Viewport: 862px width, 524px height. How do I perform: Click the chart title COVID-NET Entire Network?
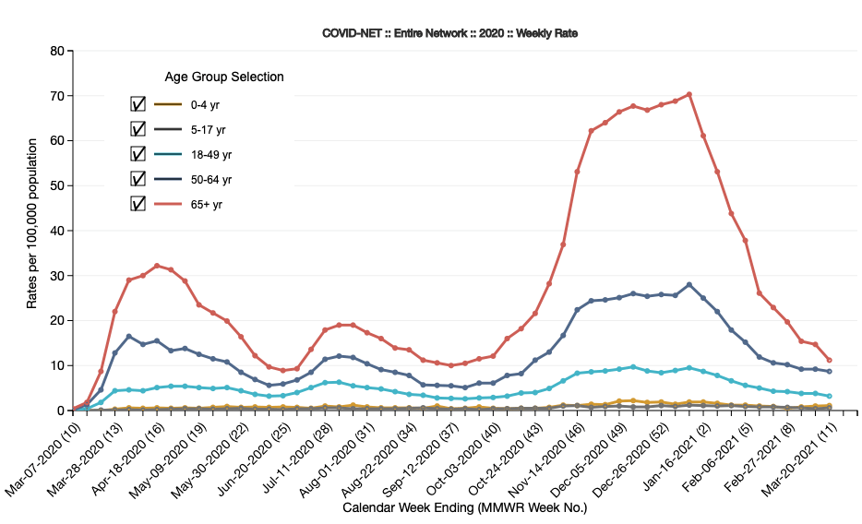point(449,33)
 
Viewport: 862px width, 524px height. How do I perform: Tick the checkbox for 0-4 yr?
point(138,104)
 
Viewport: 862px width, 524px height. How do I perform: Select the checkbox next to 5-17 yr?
point(138,129)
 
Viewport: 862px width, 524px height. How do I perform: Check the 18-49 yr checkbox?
point(138,154)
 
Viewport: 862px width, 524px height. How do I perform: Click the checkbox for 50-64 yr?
point(138,178)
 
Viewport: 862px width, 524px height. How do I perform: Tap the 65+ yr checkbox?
point(138,203)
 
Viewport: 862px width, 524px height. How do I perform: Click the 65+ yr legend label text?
point(206,203)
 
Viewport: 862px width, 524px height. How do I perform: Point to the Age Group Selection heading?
point(224,77)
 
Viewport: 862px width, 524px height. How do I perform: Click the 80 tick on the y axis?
point(55,51)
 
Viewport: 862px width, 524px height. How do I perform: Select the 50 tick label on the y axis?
point(55,185)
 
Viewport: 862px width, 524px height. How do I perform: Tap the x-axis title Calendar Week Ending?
point(464,507)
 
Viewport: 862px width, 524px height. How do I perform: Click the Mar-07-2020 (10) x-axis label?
point(42,457)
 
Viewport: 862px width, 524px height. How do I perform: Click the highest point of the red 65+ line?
point(689,94)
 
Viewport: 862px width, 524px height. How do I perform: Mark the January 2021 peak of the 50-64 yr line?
point(689,284)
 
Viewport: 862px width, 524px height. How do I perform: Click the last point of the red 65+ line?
point(830,360)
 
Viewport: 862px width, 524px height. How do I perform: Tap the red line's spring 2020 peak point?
point(157,266)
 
